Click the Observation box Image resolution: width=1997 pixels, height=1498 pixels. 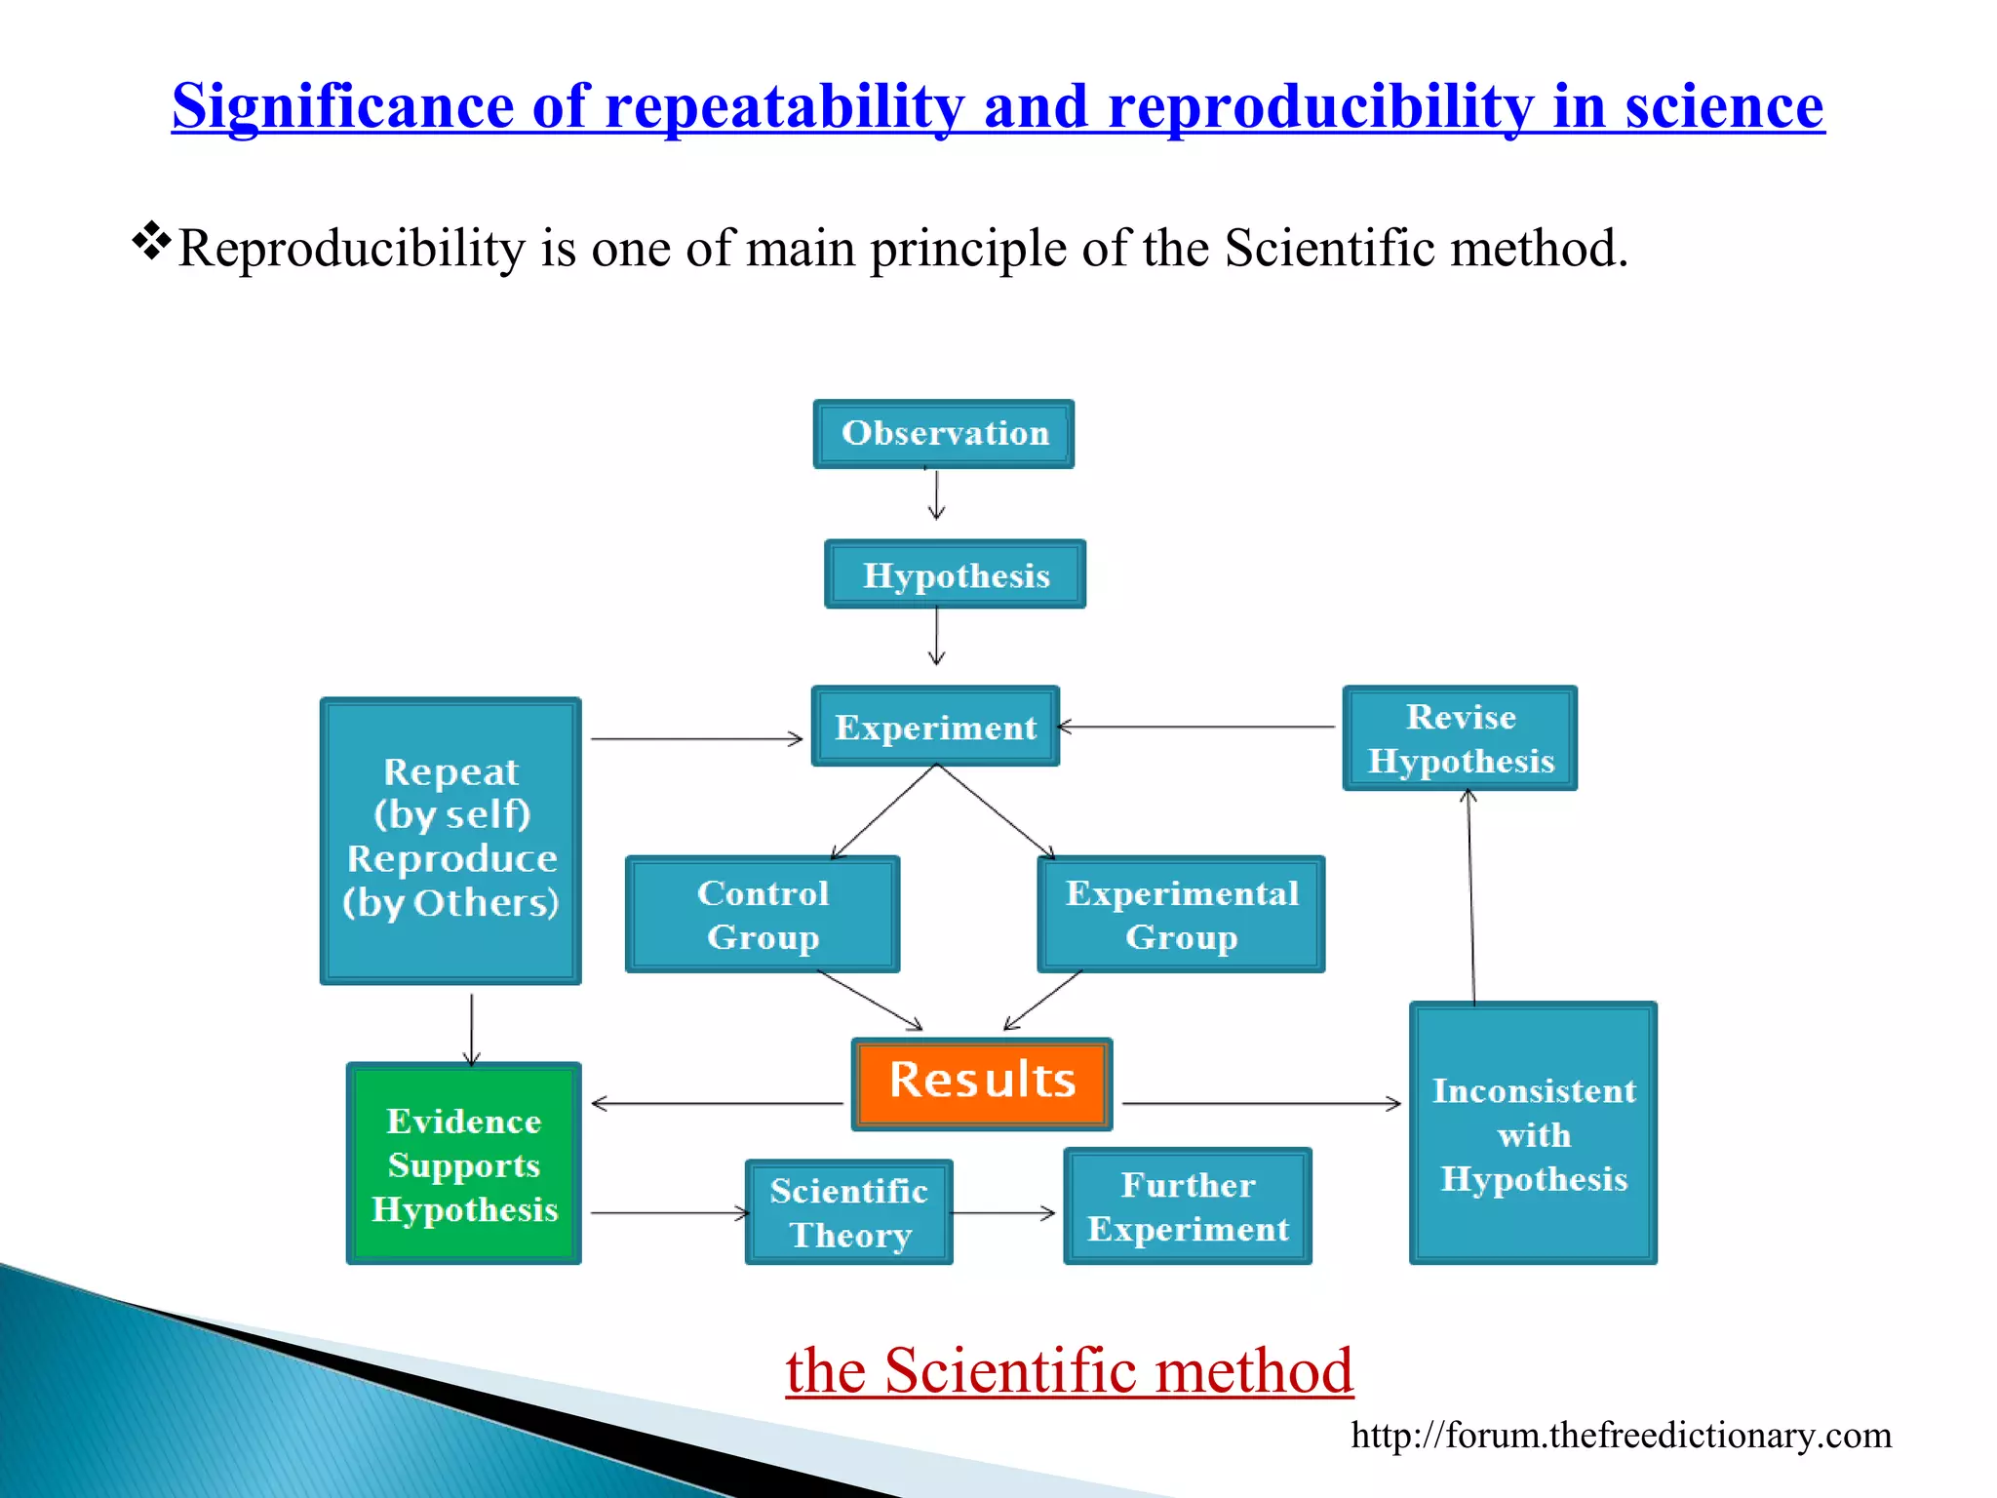click(x=944, y=433)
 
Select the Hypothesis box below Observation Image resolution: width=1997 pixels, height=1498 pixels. click(x=955, y=574)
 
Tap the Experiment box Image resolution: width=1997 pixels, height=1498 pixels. click(x=935, y=727)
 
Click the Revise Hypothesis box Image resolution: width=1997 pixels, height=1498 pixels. click(x=1460, y=738)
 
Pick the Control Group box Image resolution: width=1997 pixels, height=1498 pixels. click(x=763, y=914)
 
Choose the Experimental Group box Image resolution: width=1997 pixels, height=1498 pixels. click(x=1181, y=914)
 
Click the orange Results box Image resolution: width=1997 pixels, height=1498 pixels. click(x=982, y=1084)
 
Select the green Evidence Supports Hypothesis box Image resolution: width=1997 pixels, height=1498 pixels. click(x=464, y=1163)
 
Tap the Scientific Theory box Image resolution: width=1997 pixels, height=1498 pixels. click(x=848, y=1212)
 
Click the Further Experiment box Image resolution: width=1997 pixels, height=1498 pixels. click(x=1188, y=1206)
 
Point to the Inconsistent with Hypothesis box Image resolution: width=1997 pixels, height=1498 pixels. click(x=1533, y=1133)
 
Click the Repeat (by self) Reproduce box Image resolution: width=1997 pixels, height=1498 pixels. click(x=451, y=840)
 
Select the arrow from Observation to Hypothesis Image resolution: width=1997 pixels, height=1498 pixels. click(x=936, y=495)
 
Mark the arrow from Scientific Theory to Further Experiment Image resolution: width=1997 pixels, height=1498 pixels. click(x=1003, y=1213)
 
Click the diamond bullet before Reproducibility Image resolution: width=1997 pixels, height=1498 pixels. click(x=152, y=241)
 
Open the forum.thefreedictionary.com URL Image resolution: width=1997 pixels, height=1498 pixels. click(x=1621, y=1435)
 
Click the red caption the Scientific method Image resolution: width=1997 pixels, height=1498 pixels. click(x=1069, y=1370)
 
